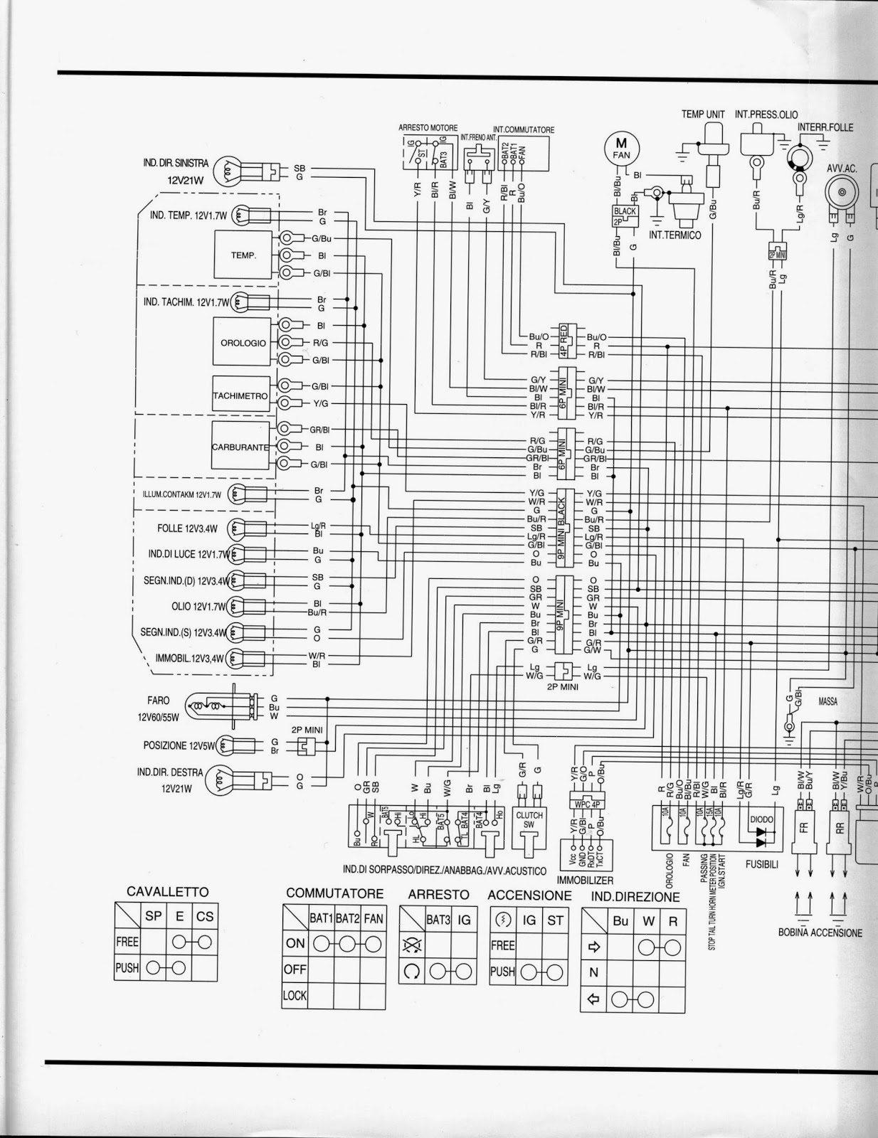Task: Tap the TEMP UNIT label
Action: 703,114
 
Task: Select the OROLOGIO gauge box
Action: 243,342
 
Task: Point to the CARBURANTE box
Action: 240,447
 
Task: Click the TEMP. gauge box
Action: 243,255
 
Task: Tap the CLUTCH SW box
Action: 529,820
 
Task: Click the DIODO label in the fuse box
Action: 761,819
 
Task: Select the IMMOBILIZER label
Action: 586,880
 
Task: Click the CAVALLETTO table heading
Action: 167,891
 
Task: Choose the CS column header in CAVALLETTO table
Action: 205,916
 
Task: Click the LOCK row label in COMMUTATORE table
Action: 295,996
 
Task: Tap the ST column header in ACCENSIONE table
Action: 555,920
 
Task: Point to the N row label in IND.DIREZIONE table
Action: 593,973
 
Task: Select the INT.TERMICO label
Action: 675,235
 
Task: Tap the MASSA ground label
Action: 827,701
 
